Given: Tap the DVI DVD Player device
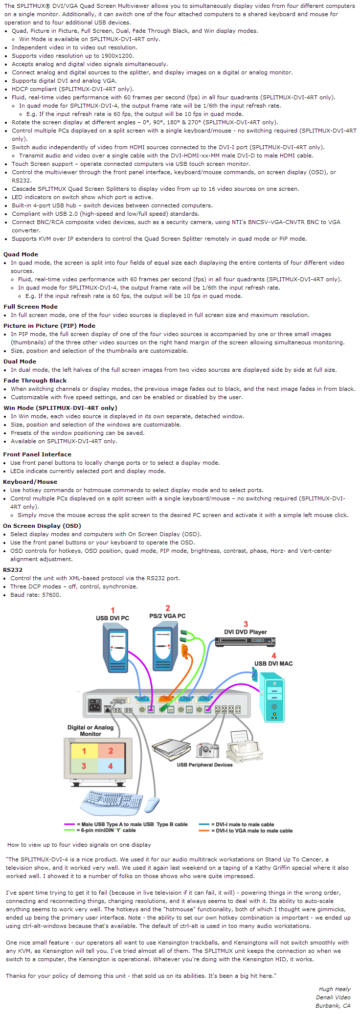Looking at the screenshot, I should point(245,641).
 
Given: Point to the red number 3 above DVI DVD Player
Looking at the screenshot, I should point(246,624).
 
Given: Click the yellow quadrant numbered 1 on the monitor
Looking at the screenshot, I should point(84,751).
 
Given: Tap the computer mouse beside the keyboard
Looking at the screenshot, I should point(153,804).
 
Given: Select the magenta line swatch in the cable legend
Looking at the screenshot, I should point(69,824).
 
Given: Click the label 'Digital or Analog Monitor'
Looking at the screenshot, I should point(90,731).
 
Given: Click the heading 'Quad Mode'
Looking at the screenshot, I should point(21,254).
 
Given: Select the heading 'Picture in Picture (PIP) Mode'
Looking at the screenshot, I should point(49,326).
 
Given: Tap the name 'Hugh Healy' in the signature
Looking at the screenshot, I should point(335,989).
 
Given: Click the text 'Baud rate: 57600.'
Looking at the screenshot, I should point(36,595).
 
